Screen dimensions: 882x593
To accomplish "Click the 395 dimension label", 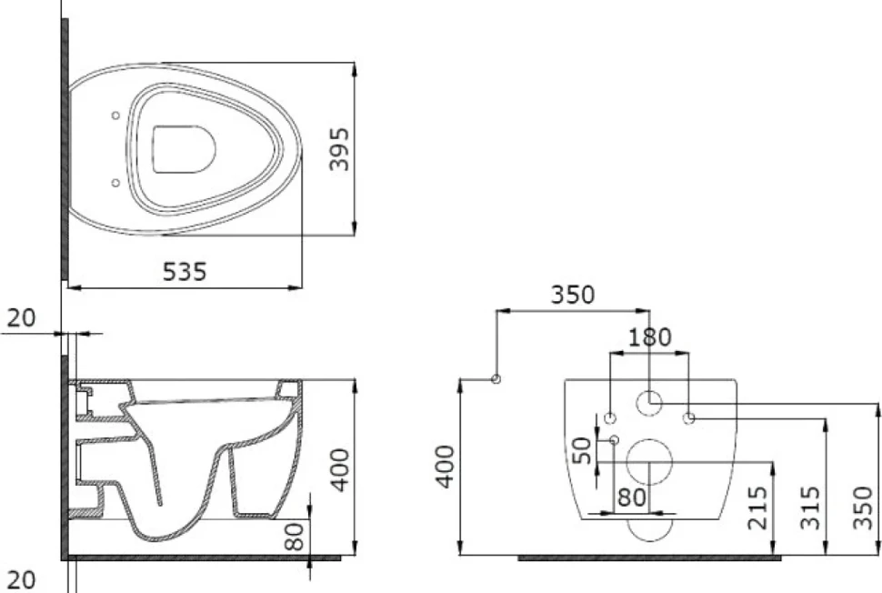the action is coord(339,149).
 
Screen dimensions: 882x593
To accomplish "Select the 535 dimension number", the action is coord(185,272).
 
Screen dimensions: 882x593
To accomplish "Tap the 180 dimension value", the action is coord(650,337).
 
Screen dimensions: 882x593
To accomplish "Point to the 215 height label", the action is coord(757,508).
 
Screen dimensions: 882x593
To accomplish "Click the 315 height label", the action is coord(809,508).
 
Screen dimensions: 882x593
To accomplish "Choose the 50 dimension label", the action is coord(582,450).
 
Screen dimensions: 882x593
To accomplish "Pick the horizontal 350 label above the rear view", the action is coord(572,295).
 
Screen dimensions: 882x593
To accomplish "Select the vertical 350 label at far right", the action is coord(862,508).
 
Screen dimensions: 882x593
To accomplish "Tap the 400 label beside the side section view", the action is coord(340,470).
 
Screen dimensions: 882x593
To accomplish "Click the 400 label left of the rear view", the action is coord(446,467).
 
